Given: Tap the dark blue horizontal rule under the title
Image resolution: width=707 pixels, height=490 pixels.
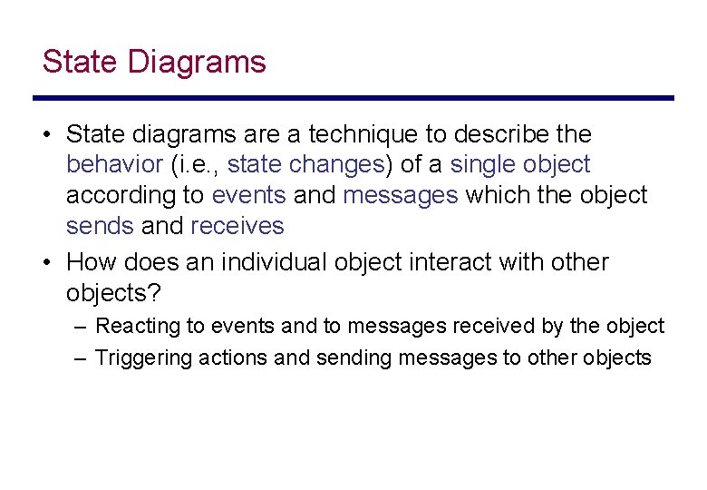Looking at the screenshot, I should point(353,98).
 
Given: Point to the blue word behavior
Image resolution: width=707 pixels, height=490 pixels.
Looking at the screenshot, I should point(114,165).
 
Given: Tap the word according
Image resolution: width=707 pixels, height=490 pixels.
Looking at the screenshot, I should point(121,196).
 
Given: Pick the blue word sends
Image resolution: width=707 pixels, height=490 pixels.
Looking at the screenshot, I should point(99,226).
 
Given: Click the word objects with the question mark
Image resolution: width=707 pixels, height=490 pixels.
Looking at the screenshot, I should point(112,293).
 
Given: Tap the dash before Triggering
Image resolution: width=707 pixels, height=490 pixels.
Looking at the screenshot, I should point(81,358).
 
